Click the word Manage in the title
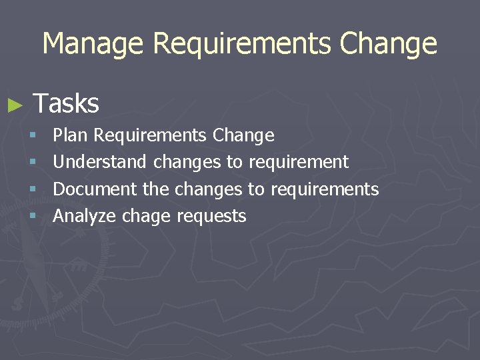click(x=92, y=44)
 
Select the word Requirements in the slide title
click(x=241, y=44)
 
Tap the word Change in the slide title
click(x=388, y=44)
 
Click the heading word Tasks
click(x=66, y=103)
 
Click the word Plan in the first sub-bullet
click(x=71, y=135)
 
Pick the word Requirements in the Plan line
click(x=150, y=135)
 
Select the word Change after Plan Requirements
click(x=243, y=135)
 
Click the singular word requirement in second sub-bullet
click(x=298, y=162)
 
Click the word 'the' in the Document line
click(x=156, y=189)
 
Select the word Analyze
click(x=85, y=216)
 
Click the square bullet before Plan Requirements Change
click(x=34, y=136)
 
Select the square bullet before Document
click(x=34, y=190)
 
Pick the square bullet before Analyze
click(x=34, y=217)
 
